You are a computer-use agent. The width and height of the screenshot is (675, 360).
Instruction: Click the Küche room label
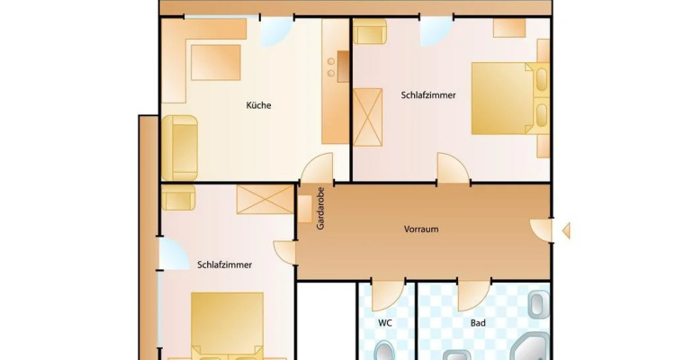pyautogui.click(x=258, y=105)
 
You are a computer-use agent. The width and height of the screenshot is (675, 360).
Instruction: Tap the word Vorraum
pyautogui.click(x=421, y=229)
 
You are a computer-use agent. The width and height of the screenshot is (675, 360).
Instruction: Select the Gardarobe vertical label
pyautogui.click(x=320, y=208)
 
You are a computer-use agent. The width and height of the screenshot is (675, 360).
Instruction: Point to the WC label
pyautogui.click(x=385, y=322)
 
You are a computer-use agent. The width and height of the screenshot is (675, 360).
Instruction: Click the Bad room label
pyautogui.click(x=478, y=322)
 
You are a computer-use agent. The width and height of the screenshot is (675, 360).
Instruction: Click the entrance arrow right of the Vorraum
pyautogui.click(x=566, y=230)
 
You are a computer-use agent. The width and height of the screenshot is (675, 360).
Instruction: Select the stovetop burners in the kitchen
pyautogui.click(x=331, y=67)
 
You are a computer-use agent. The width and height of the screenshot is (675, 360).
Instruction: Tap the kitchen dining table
pyautogui.click(x=216, y=62)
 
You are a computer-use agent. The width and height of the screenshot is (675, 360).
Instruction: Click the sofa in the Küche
pyautogui.click(x=180, y=148)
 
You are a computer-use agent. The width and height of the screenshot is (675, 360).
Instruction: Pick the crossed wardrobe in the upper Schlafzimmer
pyautogui.click(x=367, y=117)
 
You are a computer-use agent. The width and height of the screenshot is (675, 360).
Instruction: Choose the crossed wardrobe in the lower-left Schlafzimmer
pyautogui.click(x=265, y=200)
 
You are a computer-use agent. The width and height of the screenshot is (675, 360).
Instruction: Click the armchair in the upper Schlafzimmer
pyautogui.click(x=369, y=31)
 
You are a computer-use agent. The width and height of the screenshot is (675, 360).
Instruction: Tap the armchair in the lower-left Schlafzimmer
pyautogui.click(x=178, y=198)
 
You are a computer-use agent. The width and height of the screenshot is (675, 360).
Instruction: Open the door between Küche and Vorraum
pyautogui.click(x=318, y=168)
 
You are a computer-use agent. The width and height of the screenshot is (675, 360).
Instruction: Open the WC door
pyautogui.click(x=388, y=295)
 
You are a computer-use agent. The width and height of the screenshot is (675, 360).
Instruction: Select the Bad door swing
pyautogui.click(x=474, y=295)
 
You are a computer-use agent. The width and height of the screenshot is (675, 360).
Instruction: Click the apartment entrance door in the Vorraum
pyautogui.click(x=541, y=230)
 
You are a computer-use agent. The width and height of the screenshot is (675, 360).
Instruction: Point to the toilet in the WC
pyautogui.click(x=384, y=351)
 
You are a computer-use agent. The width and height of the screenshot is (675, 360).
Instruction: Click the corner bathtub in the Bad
pyautogui.click(x=531, y=347)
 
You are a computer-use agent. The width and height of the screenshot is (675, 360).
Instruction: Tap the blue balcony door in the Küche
pyautogui.click(x=276, y=31)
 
